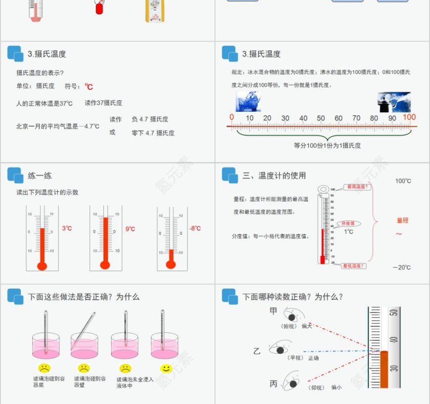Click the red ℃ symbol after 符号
[89, 87]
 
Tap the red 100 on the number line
[410, 117]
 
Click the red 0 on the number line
[232, 117]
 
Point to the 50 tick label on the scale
[321, 118]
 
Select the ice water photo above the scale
[248, 102]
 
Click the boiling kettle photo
[394, 102]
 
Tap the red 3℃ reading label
[67, 229]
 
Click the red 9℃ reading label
[131, 229]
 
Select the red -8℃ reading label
[195, 229]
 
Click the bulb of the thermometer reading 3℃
[42, 266]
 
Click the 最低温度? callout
[354, 266]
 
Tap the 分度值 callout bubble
[349, 224]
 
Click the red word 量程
[403, 220]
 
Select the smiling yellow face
[165, 368]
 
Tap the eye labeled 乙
[279, 351]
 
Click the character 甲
[273, 311]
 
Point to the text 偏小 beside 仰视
[336, 388]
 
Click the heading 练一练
[40, 176]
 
